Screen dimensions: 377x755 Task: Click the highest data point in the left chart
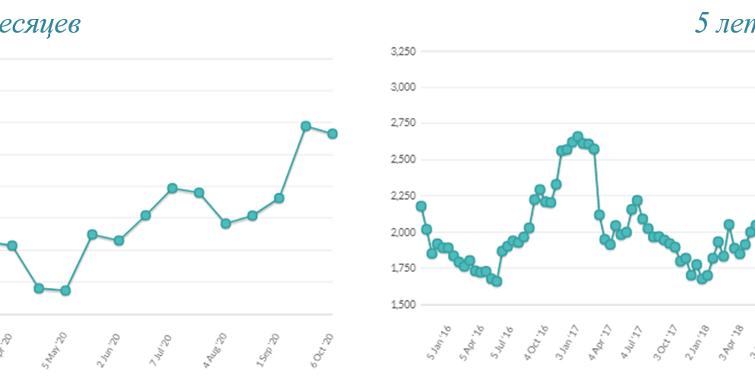305,125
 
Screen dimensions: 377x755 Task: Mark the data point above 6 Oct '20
332,134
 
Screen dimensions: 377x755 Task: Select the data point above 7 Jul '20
172,188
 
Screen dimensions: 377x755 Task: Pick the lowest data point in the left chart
65,290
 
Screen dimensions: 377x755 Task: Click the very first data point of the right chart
421,206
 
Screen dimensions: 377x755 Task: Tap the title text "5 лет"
724,24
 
